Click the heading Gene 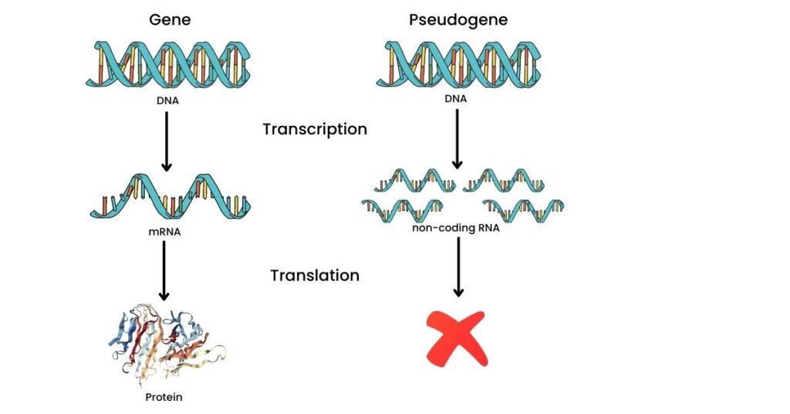170,19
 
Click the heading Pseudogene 458,19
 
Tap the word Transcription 315,129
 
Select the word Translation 315,275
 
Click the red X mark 457,338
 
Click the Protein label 165,399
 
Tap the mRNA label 165,230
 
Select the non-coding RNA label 458,227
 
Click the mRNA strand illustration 170,196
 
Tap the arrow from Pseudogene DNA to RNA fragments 457,139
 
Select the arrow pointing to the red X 458,267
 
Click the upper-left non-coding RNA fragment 415,182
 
